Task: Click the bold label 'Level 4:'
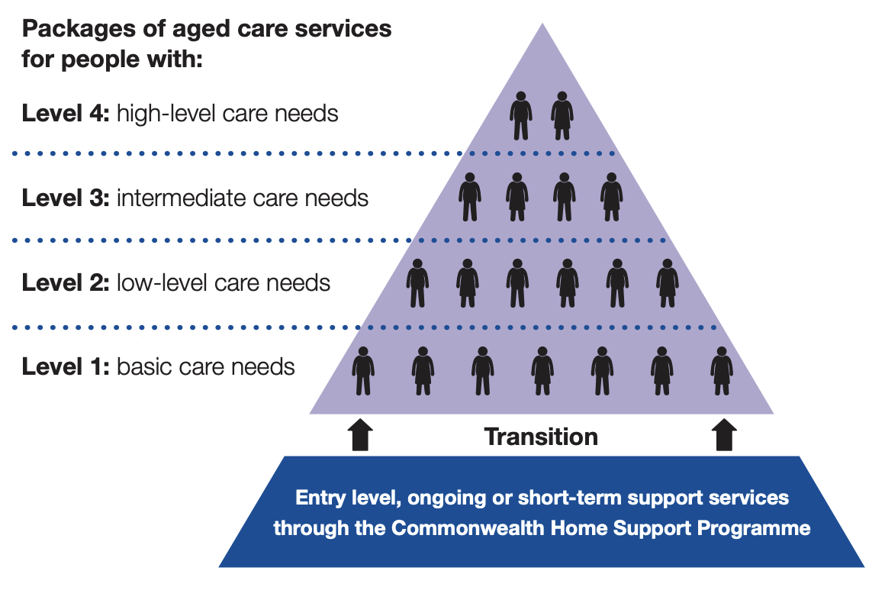coord(66,114)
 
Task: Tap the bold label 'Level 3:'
coord(66,198)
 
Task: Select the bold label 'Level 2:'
coord(66,283)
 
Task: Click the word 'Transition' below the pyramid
coord(542,437)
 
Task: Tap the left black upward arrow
coord(360,434)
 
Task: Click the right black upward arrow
coord(723,434)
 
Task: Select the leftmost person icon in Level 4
coord(521,116)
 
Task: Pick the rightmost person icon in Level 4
coord(562,116)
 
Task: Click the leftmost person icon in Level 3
coord(470,197)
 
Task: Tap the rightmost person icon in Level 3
coord(611,197)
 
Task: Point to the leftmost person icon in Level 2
coord(417,283)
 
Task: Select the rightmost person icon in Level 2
coord(668,283)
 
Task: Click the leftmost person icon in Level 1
coord(363,370)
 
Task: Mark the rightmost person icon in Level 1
coord(722,370)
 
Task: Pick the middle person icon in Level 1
coord(542,370)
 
